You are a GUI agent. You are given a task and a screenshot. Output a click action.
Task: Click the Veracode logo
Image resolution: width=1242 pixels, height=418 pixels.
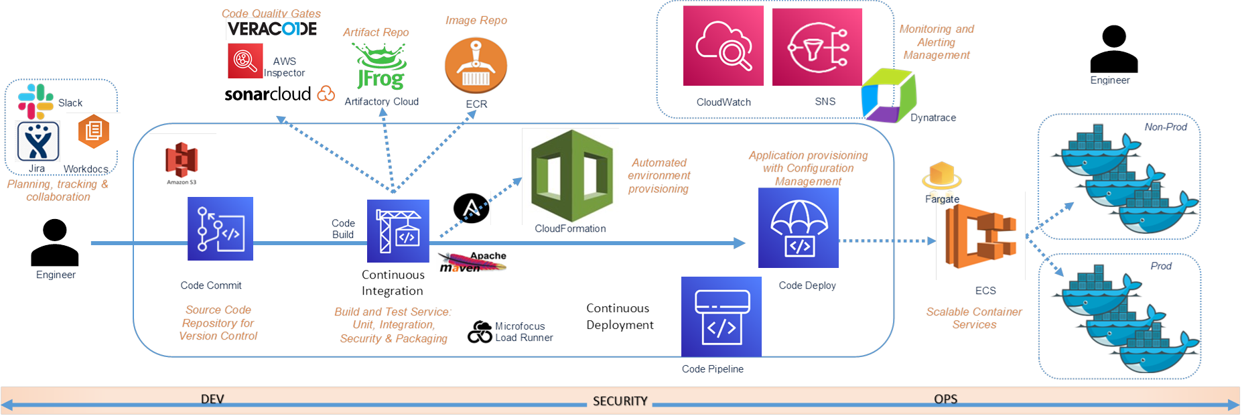(272, 29)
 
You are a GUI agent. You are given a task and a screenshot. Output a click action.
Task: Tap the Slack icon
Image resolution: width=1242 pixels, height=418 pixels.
(36, 101)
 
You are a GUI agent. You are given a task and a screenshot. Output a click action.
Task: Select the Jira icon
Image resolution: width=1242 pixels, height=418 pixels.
(38, 141)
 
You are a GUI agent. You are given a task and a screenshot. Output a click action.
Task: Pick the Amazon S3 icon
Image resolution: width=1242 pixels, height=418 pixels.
(182, 163)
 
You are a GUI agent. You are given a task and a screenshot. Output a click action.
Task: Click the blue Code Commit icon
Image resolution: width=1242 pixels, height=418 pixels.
(220, 228)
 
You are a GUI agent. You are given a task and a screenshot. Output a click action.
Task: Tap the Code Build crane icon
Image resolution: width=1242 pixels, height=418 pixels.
(398, 230)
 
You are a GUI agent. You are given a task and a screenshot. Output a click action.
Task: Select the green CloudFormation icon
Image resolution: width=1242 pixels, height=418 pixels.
(571, 176)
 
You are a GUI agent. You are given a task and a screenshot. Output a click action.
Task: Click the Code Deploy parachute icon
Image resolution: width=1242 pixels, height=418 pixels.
(799, 228)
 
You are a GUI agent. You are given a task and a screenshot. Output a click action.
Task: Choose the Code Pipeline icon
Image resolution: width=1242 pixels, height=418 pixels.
(721, 316)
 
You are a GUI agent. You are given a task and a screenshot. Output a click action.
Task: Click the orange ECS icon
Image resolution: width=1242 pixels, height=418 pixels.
(981, 236)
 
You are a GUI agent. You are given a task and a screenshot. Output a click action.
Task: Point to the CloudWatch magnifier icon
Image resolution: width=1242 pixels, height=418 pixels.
(723, 46)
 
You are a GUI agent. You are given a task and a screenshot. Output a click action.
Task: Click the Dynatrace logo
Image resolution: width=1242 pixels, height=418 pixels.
(888, 95)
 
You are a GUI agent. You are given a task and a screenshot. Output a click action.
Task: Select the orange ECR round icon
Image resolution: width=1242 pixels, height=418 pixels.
(476, 65)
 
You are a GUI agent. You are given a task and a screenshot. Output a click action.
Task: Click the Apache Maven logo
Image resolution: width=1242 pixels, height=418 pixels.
(472, 261)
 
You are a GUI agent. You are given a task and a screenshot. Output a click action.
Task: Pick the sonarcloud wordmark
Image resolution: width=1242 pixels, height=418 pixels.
(268, 94)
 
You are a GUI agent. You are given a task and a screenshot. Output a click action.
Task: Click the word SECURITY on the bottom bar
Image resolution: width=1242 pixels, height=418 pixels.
(620, 401)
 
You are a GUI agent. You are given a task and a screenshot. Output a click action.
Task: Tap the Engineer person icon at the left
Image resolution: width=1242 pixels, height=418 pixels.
(55, 243)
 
